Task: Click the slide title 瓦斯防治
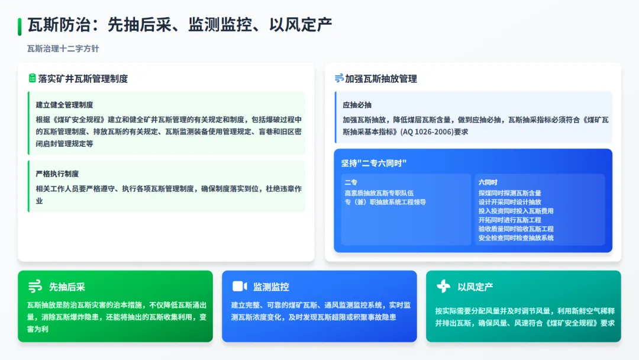[59, 25]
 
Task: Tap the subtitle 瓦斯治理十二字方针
[63, 49]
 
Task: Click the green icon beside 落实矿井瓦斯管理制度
[32, 78]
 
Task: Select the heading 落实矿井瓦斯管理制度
[83, 79]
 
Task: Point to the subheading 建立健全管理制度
[64, 105]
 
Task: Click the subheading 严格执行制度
[57, 173]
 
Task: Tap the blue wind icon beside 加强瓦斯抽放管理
[339, 78]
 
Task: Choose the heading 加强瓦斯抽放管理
[381, 79]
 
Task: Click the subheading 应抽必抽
[357, 105]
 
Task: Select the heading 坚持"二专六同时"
[374, 163]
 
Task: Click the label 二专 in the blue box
[351, 183]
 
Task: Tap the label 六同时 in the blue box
[488, 183]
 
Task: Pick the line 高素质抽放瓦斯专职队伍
[379, 192]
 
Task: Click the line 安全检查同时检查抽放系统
[516, 238]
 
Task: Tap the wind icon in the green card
[35, 287]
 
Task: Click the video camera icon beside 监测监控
[239, 287]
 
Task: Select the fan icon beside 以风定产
[443, 287]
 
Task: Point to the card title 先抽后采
[67, 287]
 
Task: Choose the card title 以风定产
[475, 287]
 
